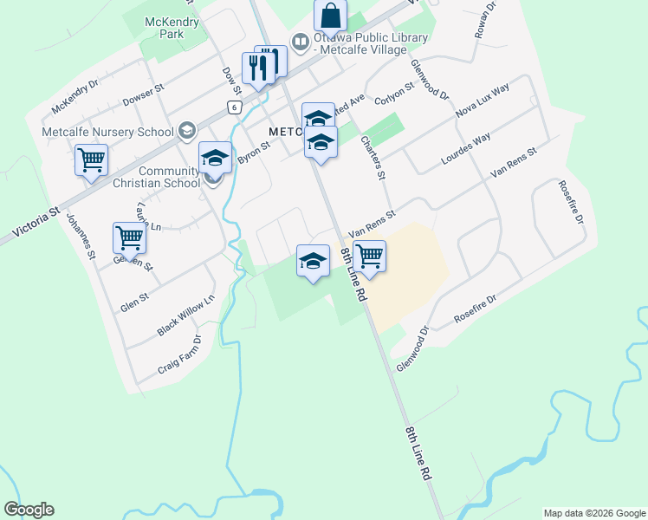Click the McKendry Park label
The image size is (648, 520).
click(x=172, y=28)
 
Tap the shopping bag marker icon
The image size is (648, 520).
click(x=331, y=16)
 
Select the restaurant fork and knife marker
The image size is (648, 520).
click(x=259, y=67)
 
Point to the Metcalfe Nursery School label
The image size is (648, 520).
click(x=108, y=132)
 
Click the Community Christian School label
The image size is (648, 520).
click(x=158, y=177)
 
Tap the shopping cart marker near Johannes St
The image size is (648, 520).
click(x=91, y=159)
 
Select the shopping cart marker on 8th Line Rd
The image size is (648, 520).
click(x=369, y=256)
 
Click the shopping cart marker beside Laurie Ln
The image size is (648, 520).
click(x=129, y=236)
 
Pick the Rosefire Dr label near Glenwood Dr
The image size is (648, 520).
click(x=476, y=311)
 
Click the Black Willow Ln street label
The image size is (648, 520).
click(x=185, y=317)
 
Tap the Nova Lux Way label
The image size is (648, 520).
click(x=483, y=101)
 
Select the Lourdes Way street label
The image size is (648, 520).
click(x=466, y=150)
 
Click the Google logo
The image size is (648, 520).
click(x=29, y=510)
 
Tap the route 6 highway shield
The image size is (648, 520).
click(x=234, y=107)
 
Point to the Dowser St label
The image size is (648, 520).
click(x=143, y=93)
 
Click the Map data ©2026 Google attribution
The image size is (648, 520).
click(x=594, y=513)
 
